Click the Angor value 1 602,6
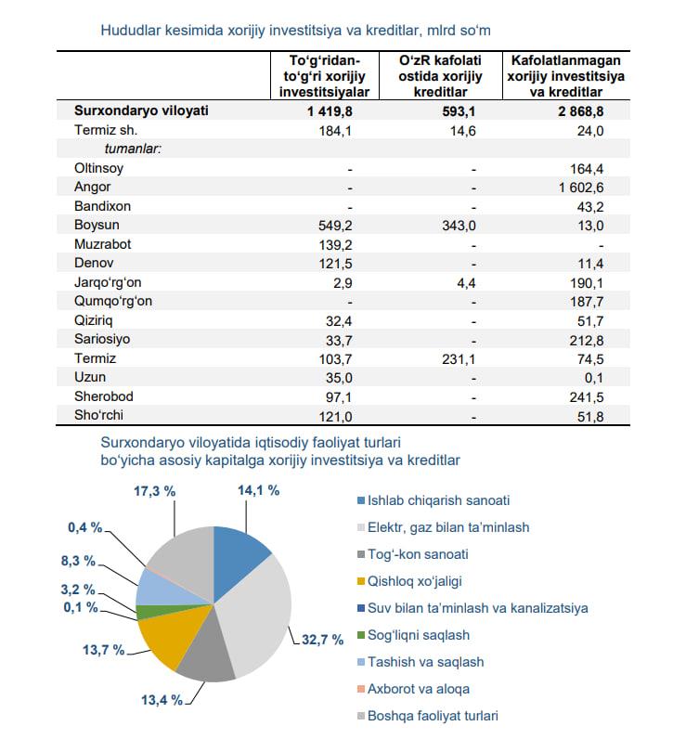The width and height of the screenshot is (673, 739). coord(580,188)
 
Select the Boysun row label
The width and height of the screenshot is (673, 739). coord(97,225)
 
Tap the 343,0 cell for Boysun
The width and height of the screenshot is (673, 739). coord(459,226)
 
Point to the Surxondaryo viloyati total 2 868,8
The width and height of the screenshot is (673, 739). coord(580,111)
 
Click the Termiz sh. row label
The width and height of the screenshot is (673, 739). coord(106,130)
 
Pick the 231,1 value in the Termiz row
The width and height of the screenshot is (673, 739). coord(459,359)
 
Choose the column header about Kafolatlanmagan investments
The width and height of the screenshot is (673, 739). coord(565,76)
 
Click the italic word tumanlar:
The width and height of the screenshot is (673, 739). coord(133,149)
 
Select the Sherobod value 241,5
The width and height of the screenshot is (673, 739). coord(587,397)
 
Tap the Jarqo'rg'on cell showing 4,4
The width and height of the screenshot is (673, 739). coord(466,283)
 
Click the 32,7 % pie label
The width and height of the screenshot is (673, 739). coord(322,640)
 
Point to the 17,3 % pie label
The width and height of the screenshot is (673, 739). coord(155,491)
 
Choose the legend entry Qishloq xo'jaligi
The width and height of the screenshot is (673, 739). coord(409,581)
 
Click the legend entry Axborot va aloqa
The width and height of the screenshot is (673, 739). coord(413,689)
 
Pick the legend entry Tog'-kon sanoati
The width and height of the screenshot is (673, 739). coord(413,554)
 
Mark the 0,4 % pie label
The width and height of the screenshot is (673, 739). coord(84,527)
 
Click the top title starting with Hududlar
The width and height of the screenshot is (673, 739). coord(295,31)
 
